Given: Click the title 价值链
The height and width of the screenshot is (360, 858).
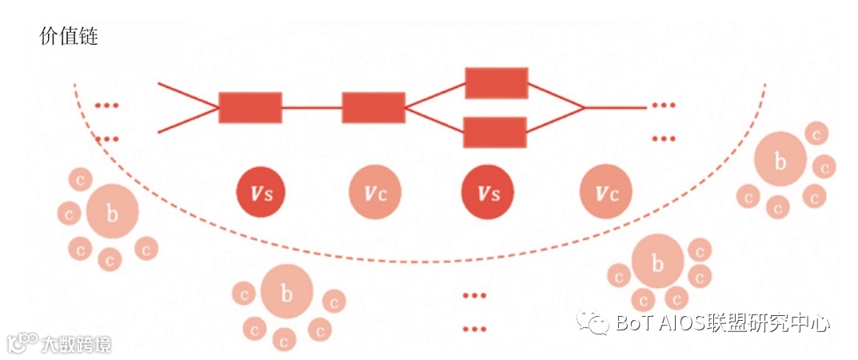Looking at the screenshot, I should click(68, 36).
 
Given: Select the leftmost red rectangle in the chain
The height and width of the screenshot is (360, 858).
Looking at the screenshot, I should click(250, 108).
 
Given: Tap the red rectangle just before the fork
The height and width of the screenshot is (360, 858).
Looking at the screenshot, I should click(373, 108).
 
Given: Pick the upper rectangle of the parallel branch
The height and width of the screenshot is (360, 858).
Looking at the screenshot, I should click(497, 83).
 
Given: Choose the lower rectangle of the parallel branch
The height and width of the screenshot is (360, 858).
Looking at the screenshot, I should click(495, 132).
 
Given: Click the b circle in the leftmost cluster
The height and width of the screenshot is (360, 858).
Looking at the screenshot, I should click(112, 213).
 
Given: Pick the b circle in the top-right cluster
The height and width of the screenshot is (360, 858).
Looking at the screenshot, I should click(780, 161).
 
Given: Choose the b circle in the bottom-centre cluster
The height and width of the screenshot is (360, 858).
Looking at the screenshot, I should click(286, 293).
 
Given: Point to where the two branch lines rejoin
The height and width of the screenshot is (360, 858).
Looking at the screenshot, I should click(585, 107).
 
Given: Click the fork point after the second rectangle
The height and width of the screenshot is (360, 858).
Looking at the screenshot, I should click(405, 107).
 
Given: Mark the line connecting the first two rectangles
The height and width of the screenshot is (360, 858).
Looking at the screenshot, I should click(312, 108).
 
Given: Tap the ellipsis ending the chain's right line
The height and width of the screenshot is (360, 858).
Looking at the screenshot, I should click(663, 107).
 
